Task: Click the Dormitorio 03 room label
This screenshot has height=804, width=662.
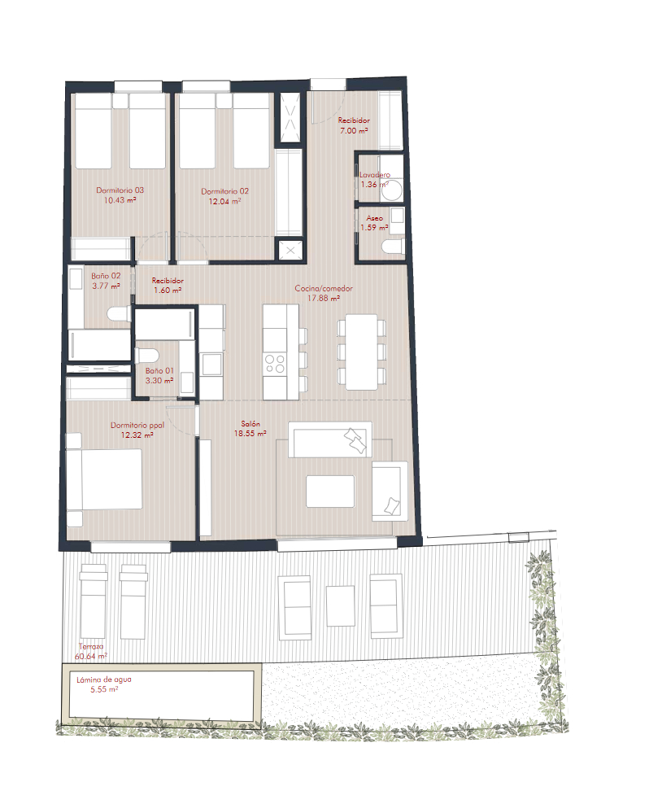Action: [120, 190]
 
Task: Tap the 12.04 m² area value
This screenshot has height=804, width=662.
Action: [224, 202]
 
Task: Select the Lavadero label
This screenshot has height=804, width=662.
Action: [375, 175]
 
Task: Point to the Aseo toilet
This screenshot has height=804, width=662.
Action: [393, 247]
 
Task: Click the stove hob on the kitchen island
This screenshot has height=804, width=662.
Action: [275, 364]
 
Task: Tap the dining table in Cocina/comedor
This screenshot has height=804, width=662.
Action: [361, 352]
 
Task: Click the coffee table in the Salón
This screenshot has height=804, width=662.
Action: [330, 492]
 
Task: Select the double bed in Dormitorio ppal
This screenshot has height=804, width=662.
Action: [105, 479]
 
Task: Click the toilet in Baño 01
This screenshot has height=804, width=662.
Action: [147, 356]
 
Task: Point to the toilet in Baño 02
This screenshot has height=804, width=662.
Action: [120, 314]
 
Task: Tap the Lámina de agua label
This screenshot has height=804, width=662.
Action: [104, 679]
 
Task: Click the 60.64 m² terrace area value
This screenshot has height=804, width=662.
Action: [91, 657]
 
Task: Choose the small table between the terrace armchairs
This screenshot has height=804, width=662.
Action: [340, 605]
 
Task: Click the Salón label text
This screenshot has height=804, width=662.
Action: [250, 424]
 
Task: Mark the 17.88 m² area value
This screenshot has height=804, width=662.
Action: [324, 299]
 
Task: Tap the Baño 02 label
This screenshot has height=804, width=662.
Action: [106, 276]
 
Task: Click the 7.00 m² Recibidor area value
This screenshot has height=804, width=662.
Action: [354, 131]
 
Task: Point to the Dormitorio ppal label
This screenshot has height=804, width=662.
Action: [137, 425]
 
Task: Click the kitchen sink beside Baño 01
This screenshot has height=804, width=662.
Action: [211, 364]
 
